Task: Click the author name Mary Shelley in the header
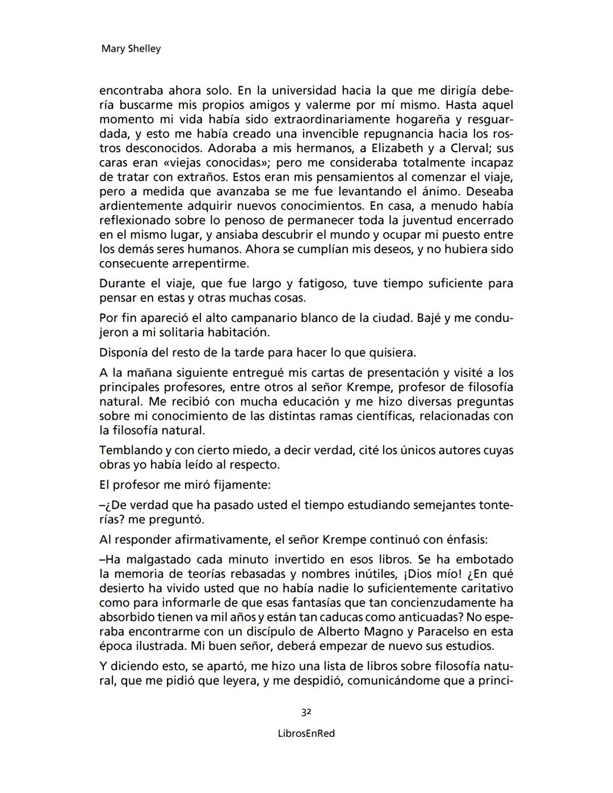[x=131, y=49]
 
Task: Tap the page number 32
[x=306, y=712]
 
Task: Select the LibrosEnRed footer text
[x=306, y=733]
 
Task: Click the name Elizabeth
[x=397, y=148]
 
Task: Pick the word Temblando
[x=130, y=450]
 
